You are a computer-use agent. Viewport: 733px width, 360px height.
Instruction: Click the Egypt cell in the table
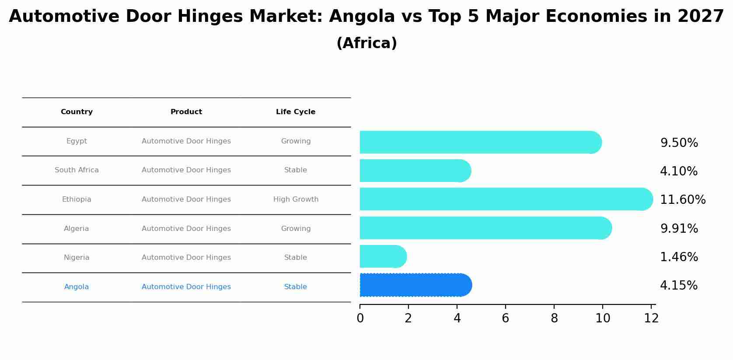77,141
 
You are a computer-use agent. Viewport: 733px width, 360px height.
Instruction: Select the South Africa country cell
77,170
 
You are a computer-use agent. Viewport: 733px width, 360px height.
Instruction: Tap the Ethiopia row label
77,199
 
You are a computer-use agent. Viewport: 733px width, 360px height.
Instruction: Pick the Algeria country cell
77,229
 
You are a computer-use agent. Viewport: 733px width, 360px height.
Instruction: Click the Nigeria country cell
77,258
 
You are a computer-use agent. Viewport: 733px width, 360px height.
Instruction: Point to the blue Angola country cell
77,287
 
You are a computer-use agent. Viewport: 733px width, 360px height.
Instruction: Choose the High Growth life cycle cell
296,199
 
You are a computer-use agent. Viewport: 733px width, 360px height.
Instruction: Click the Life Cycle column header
296,112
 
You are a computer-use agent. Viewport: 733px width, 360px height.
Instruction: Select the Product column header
186,112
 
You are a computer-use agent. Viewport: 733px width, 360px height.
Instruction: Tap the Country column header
77,112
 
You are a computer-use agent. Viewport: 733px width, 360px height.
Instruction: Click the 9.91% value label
679,229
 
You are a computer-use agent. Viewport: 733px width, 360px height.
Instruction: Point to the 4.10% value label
679,171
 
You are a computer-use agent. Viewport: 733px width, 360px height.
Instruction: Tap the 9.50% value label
679,143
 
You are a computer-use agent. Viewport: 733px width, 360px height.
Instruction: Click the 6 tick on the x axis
506,318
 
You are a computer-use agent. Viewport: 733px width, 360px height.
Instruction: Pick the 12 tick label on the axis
651,318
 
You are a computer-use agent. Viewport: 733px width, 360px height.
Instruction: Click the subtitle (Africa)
366,43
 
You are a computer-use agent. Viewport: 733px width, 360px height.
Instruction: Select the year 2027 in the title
701,17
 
